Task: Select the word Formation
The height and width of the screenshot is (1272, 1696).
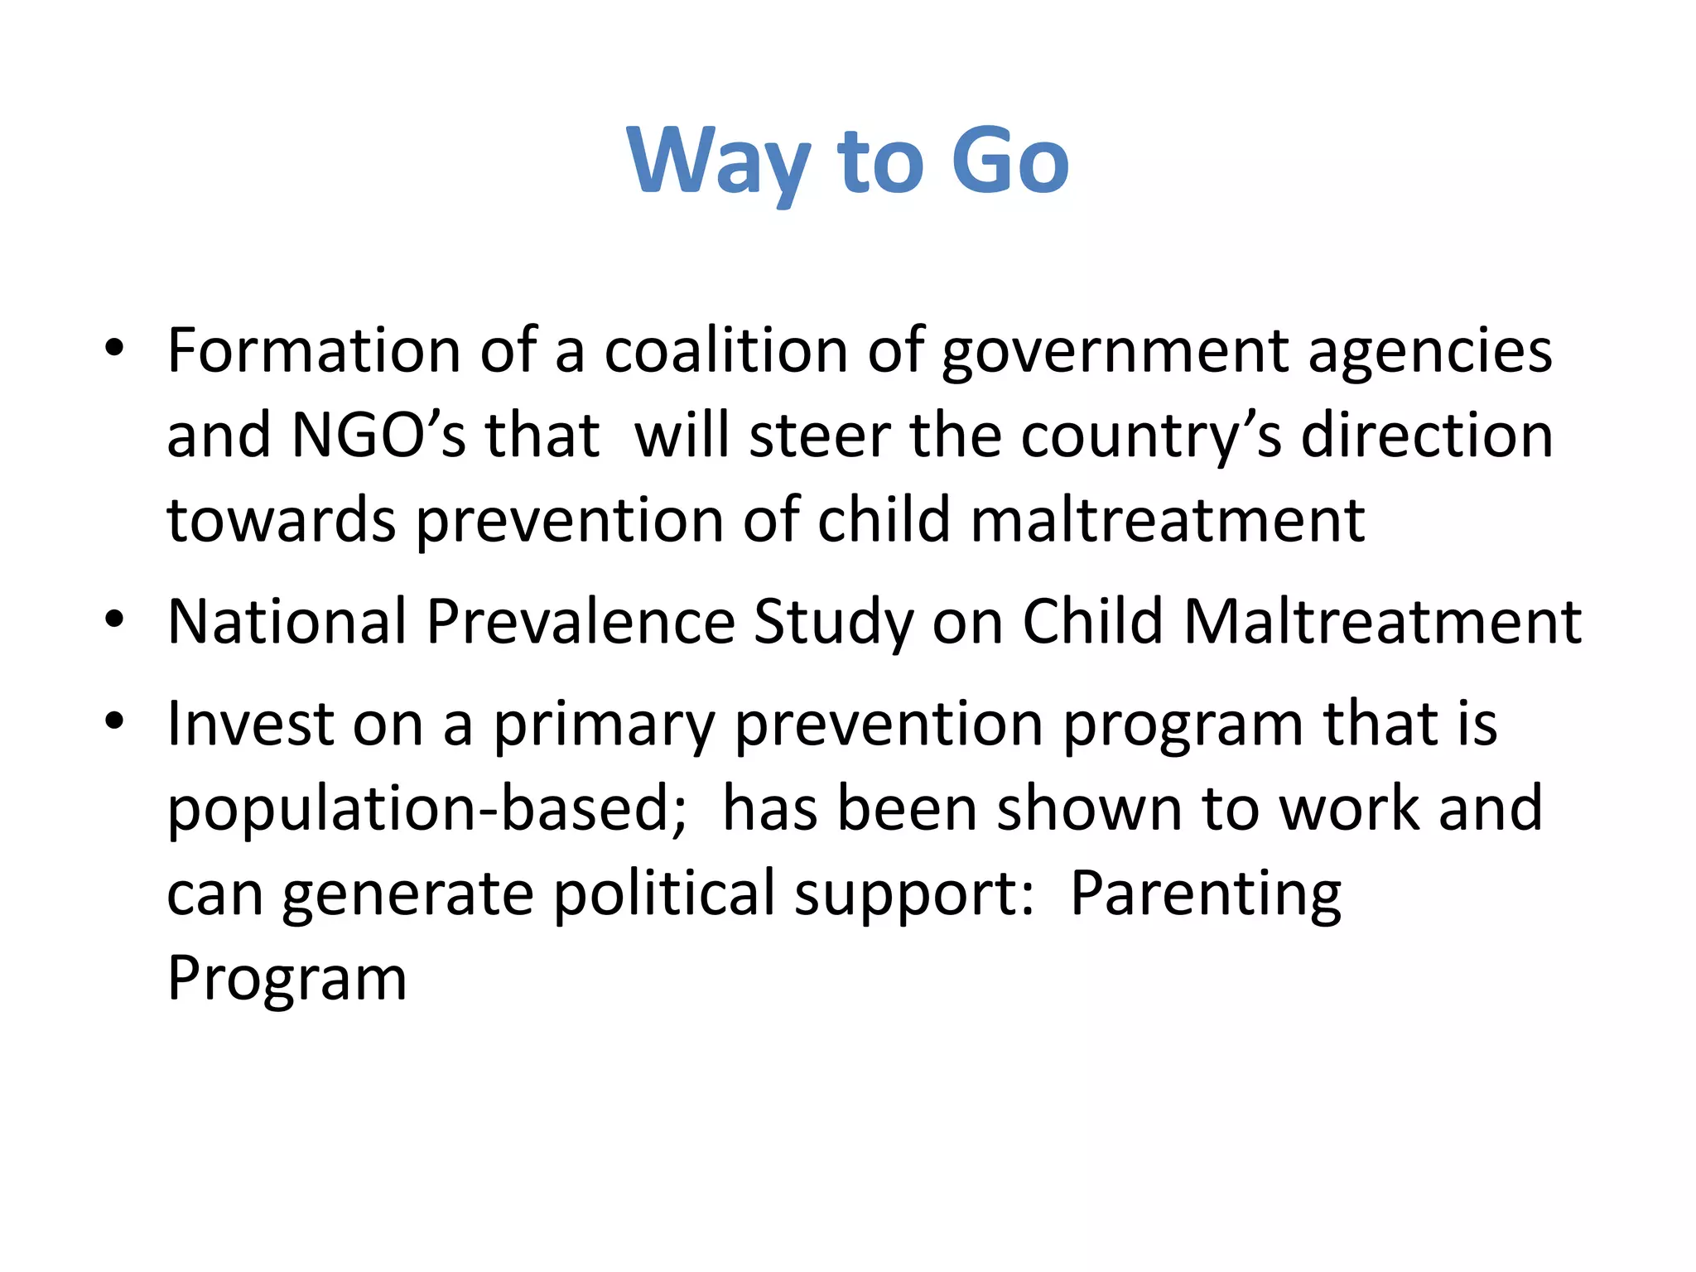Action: [x=313, y=351]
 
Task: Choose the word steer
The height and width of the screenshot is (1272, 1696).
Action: [x=820, y=436]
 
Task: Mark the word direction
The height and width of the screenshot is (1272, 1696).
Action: [x=1426, y=436]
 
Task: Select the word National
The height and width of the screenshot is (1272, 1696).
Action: [x=286, y=621]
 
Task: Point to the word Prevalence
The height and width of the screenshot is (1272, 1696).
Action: [x=580, y=621]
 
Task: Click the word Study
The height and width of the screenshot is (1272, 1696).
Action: [x=833, y=623]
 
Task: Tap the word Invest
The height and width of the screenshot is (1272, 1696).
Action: [x=250, y=724]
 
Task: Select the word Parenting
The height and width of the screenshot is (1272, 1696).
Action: [x=1206, y=895]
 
